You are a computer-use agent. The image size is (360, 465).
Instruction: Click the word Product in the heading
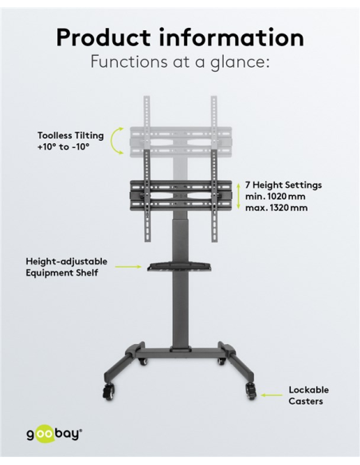104,37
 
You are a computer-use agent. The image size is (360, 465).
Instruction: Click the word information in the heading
232,37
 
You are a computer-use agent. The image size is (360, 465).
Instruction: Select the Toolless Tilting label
71,135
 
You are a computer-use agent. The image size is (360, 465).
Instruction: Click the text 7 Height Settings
284,185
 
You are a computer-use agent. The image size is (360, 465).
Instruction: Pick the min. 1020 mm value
276,197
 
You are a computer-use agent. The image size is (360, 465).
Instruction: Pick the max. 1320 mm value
276,208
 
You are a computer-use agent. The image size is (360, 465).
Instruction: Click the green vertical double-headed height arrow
238,197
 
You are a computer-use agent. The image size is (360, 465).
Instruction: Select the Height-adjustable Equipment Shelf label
66,267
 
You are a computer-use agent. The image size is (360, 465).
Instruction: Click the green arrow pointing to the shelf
127,267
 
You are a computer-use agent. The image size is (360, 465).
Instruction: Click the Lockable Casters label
309,395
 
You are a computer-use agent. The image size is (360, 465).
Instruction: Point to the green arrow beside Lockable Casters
272,395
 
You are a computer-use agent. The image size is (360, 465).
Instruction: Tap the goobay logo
54,435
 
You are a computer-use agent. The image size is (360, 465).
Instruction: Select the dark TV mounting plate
181,196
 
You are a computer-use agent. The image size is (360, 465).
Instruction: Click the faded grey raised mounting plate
181,142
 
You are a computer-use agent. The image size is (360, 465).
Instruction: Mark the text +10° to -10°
64,147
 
